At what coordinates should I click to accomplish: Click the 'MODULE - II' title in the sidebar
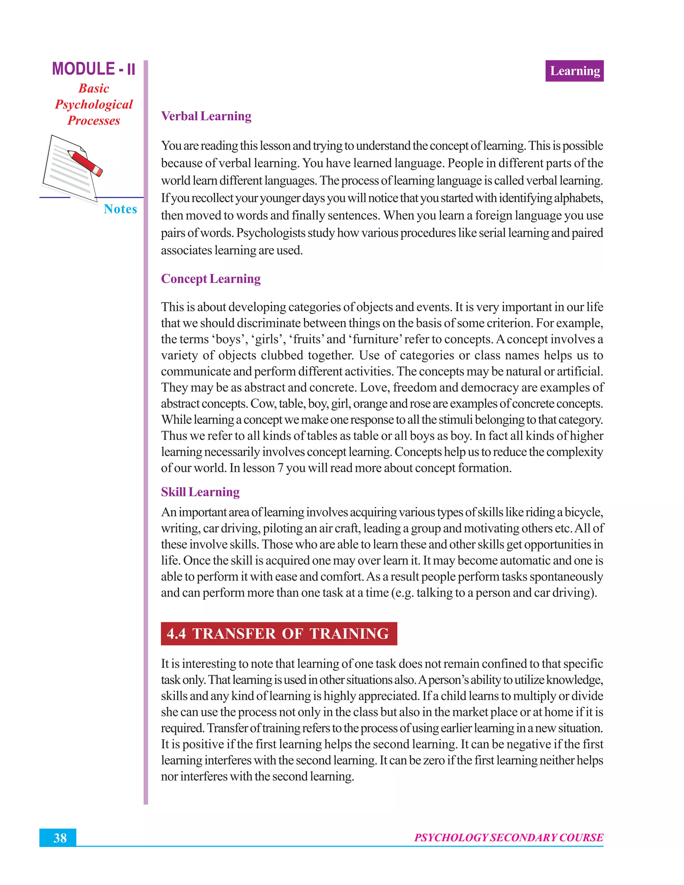(x=94, y=69)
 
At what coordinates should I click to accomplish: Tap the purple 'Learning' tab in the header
(x=574, y=71)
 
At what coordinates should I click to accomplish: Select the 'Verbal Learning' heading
(x=206, y=116)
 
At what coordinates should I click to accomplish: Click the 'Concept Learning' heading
(x=211, y=279)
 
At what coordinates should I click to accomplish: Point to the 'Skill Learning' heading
(x=200, y=492)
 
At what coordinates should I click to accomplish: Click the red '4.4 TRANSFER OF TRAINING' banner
(x=279, y=633)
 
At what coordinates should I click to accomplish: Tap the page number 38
(x=60, y=838)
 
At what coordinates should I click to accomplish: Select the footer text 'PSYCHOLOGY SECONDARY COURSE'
(x=509, y=838)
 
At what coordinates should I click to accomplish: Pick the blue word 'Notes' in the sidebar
(x=120, y=209)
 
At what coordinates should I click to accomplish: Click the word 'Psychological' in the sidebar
(x=94, y=105)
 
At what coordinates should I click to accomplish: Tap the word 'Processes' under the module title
(x=94, y=121)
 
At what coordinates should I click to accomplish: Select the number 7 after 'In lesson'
(x=281, y=468)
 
